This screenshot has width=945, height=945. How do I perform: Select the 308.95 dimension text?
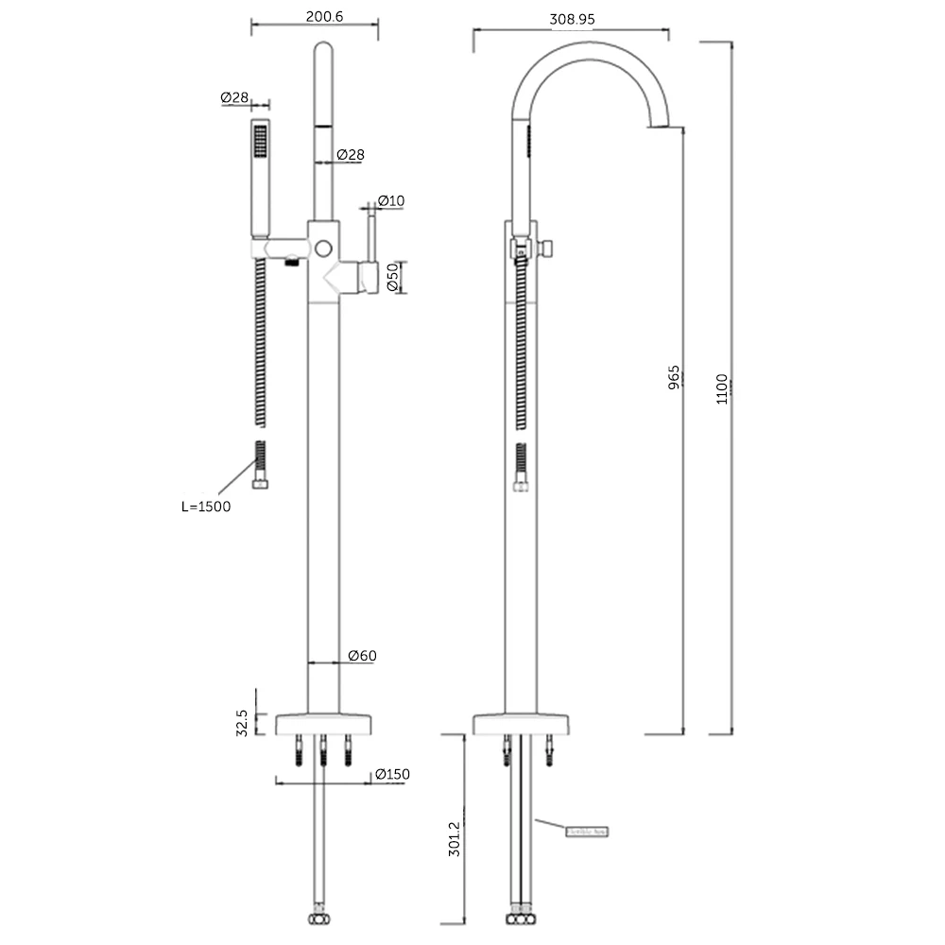pyautogui.click(x=572, y=18)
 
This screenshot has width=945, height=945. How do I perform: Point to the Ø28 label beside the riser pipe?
pyautogui.click(x=351, y=154)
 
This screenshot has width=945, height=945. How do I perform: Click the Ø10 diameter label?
pyautogui.click(x=390, y=200)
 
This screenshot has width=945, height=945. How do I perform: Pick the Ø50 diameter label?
pyautogui.click(x=392, y=277)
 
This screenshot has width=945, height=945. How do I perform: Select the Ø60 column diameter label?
pyautogui.click(x=362, y=655)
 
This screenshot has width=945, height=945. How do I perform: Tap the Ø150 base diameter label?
pyautogui.click(x=392, y=774)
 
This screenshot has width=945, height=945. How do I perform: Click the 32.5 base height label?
pyautogui.click(x=243, y=723)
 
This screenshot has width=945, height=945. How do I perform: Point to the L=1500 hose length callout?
pyautogui.click(x=206, y=507)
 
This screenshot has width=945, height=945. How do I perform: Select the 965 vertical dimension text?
pyautogui.click(x=674, y=378)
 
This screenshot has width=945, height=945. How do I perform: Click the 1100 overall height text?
pyautogui.click(x=722, y=389)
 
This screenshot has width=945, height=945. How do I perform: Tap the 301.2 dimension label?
pyautogui.click(x=455, y=838)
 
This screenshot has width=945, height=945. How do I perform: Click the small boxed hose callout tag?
pyautogui.click(x=588, y=832)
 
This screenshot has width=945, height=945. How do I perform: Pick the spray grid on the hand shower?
pyautogui.click(x=260, y=143)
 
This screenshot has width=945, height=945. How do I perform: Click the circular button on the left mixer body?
pyautogui.click(x=324, y=248)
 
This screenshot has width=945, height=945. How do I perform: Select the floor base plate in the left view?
pyautogui.click(x=323, y=724)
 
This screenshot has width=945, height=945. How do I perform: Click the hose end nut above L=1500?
pyautogui.click(x=260, y=484)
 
